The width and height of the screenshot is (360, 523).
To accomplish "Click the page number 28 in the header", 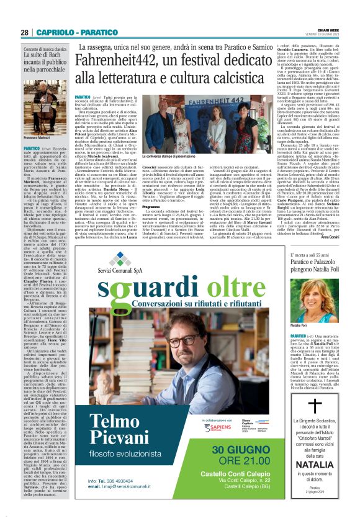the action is pyautogui.click(x=24, y=32).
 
